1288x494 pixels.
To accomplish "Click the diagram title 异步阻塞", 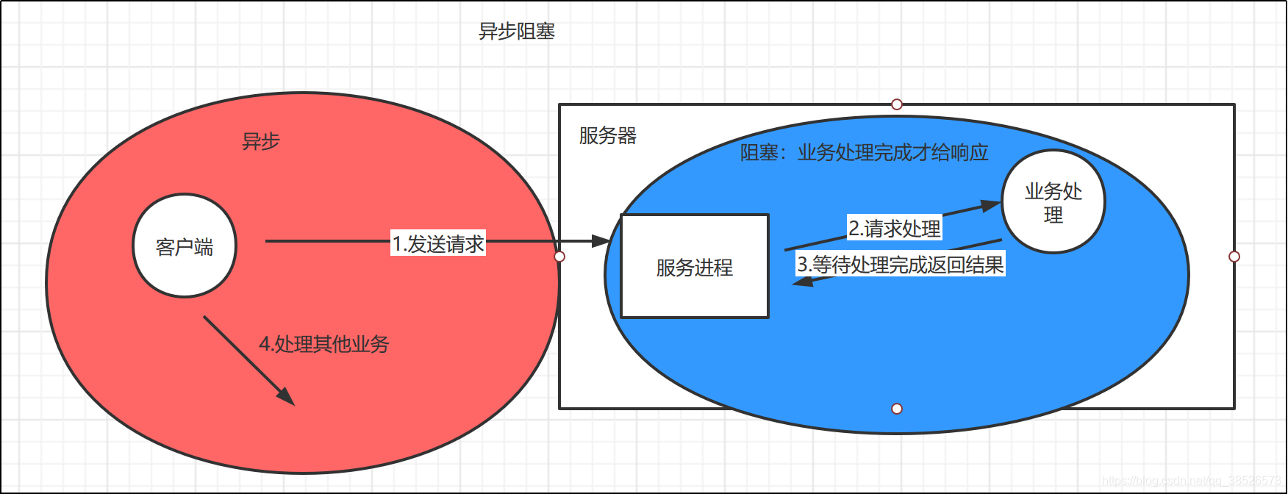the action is (x=517, y=32).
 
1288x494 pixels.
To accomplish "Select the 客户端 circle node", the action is (x=185, y=246).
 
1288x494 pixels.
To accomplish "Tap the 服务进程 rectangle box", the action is (x=695, y=267).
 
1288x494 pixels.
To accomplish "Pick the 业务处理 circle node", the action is (x=1053, y=202).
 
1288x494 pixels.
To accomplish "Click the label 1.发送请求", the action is (x=438, y=243).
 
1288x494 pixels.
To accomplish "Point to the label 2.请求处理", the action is (x=894, y=228).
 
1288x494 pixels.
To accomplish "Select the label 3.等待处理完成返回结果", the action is (x=901, y=265).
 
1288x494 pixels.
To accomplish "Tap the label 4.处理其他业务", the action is (x=324, y=343).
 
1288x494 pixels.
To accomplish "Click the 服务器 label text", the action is (x=607, y=135).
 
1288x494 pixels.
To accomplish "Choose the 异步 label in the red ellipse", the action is (x=261, y=141).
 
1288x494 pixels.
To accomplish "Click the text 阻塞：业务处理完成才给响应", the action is (x=864, y=152).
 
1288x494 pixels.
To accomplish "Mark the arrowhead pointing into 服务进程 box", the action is (x=602, y=240).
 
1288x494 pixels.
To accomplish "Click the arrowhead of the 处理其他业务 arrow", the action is (x=287, y=396).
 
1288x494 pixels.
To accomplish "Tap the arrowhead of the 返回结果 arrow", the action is (x=801, y=281).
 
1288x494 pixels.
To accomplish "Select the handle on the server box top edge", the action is (x=897, y=104).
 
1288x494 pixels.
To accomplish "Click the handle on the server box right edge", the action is (x=1234, y=257).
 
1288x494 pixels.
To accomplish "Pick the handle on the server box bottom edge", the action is (x=897, y=409).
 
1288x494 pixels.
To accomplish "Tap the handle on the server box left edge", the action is (x=559, y=257).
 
